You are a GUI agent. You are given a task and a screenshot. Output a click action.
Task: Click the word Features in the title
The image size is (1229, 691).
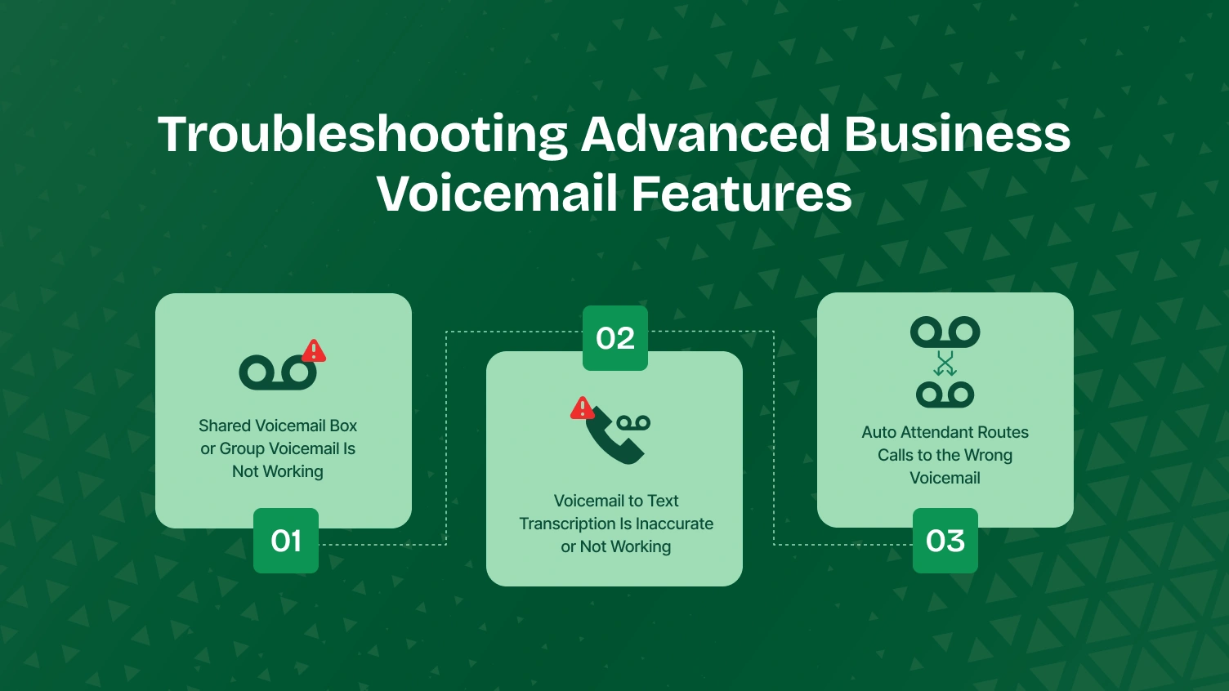[741, 194]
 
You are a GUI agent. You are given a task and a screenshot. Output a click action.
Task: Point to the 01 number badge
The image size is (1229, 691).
[286, 541]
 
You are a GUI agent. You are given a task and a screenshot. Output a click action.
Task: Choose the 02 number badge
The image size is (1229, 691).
[615, 338]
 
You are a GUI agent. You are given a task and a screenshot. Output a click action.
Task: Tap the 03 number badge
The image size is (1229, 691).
[945, 541]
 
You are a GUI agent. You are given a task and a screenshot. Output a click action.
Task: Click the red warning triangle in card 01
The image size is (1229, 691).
[314, 351]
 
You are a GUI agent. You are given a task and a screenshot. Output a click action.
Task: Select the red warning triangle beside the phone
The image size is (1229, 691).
[582, 408]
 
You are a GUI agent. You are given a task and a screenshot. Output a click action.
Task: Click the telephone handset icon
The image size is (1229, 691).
[613, 438]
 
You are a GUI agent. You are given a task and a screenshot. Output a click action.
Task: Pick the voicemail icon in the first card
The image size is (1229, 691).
[277, 373]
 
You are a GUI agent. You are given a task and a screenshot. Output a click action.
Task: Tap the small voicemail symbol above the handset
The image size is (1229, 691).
[633, 422]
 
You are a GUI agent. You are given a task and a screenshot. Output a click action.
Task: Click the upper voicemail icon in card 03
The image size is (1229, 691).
[945, 332]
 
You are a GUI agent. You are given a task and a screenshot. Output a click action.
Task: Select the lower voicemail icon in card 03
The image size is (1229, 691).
[945, 395]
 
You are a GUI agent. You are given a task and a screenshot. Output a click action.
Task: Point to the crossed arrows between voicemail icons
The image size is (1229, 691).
[945, 363]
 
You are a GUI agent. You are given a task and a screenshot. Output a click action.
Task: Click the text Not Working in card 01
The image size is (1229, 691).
[278, 471]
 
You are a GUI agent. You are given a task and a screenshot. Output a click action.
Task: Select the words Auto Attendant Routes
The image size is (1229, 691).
[945, 432]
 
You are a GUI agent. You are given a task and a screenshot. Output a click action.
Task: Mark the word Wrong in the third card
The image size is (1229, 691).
[988, 455]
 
